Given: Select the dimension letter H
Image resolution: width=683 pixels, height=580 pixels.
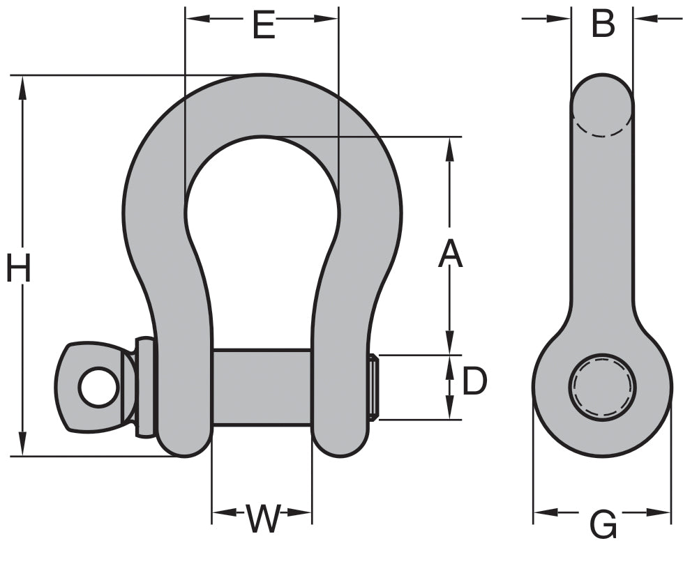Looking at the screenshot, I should point(19,269).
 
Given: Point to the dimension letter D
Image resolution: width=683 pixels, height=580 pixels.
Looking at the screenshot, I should point(474,382).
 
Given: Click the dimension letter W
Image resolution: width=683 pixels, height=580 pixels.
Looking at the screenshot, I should point(263,519).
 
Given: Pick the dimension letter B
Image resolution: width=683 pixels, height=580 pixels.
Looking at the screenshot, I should point(603,24).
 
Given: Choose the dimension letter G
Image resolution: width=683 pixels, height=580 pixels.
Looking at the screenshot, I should point(603,524).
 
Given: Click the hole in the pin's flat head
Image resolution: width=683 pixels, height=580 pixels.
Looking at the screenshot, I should point(98,387).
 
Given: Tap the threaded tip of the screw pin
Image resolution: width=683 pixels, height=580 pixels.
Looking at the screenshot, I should point(373,388).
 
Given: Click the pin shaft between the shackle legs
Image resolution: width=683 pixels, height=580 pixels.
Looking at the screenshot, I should point(262,388).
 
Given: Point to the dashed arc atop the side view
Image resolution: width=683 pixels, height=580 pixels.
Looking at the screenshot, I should point(603,130).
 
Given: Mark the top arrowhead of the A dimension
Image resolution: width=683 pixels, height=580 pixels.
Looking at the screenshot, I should point(450,147).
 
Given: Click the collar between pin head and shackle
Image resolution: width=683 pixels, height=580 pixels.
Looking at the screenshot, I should point(144,388).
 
